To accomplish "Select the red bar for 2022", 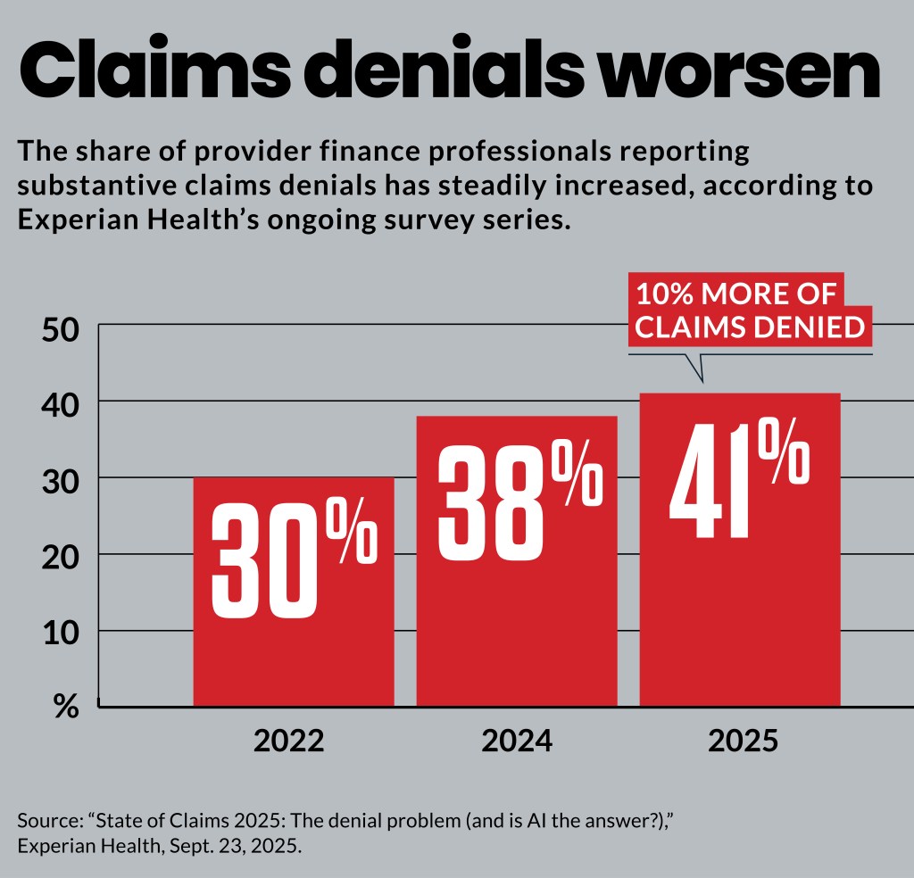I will (x=294, y=660).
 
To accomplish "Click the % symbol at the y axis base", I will (x=66, y=707).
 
